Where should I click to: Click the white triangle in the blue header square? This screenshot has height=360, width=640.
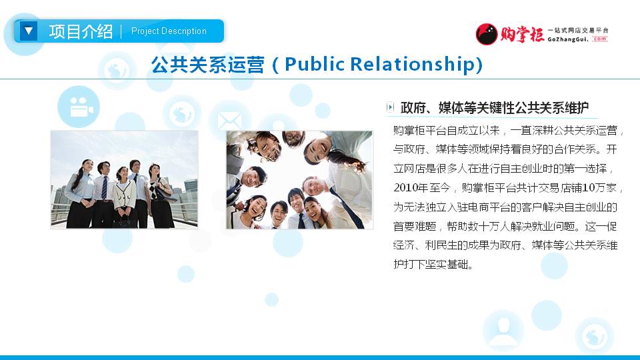(29, 31)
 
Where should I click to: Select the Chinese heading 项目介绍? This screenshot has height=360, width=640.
(81, 31)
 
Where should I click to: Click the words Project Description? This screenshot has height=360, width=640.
(169, 31)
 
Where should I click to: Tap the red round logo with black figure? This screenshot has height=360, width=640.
(487, 34)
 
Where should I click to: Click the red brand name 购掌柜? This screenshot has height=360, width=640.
(523, 34)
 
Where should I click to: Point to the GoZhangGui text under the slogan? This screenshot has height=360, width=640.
(568, 39)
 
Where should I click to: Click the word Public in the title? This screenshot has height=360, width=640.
(315, 64)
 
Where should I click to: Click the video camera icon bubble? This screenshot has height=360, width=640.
(79, 107)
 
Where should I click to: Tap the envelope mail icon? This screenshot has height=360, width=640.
(229, 121)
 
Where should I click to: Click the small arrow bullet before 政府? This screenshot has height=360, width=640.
(390, 107)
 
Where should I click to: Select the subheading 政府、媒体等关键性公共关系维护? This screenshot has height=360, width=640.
(495, 108)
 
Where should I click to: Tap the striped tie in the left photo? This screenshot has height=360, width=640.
(105, 187)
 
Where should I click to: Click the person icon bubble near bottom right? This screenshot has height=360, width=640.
(503, 331)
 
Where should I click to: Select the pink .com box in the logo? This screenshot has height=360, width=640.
(599, 39)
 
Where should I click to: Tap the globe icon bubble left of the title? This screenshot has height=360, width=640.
(117, 71)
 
